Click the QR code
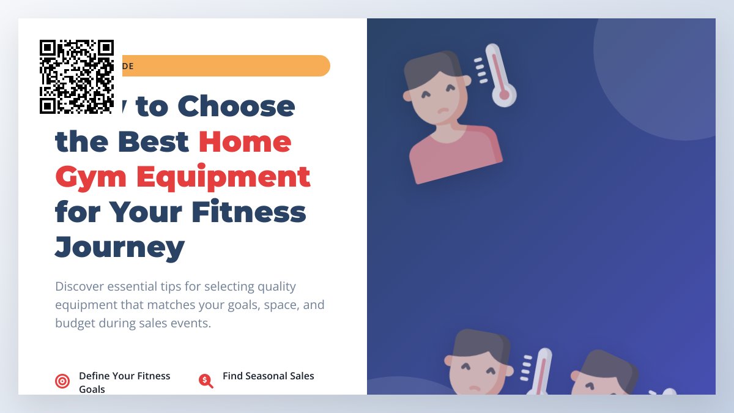pos(76,76)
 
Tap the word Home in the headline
pos(245,142)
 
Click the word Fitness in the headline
pos(248,212)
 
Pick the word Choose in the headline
pos(236,106)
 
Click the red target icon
pos(62,382)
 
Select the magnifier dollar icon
pos(206,381)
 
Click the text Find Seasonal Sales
pos(268,376)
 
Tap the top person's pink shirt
pos(455,157)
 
